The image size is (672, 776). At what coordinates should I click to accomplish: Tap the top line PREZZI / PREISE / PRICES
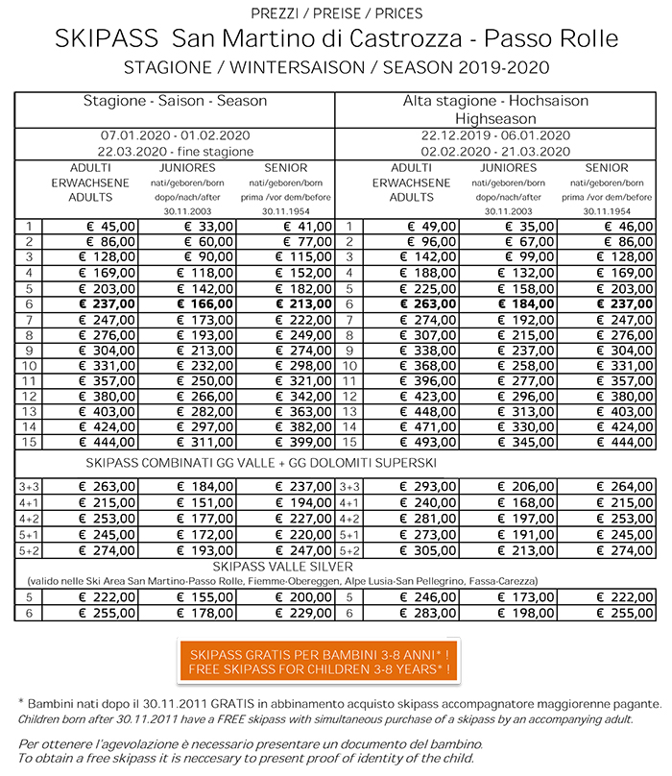[x=336, y=13]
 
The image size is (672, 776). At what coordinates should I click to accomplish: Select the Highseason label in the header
[x=496, y=116]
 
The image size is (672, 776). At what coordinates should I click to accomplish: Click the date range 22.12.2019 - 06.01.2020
[x=496, y=135]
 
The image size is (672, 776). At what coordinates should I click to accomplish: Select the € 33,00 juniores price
[x=197, y=227]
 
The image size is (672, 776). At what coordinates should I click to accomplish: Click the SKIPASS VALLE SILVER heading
[x=336, y=568]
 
